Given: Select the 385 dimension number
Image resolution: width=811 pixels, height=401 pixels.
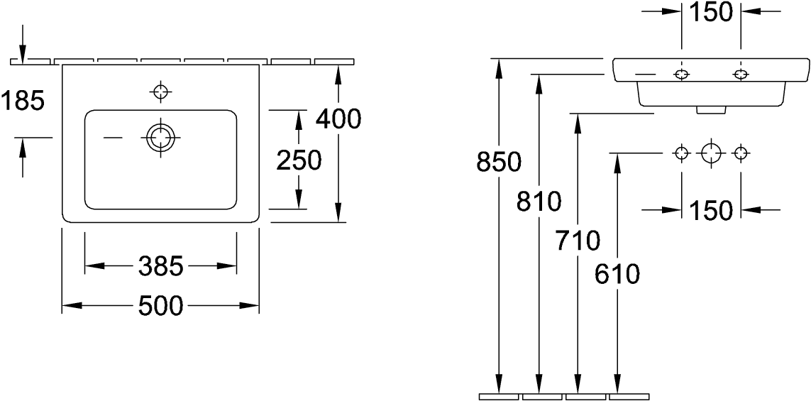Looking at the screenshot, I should pos(160,267).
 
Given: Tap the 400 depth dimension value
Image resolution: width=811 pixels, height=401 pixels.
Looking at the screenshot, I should pos(338,119).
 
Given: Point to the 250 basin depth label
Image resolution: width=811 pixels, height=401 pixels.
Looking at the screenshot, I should pos(299,161).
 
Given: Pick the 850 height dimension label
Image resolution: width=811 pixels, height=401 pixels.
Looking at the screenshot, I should pos(498,163).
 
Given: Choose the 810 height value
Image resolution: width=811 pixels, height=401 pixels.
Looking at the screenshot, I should pos(539,202).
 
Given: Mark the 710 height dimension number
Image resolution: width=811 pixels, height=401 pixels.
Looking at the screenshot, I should pos(577,241).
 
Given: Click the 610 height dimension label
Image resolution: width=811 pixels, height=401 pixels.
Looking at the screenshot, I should pos(617,273).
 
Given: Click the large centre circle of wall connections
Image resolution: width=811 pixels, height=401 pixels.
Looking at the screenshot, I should pos(711,153).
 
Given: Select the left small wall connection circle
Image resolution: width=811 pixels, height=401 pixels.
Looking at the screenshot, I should pos(681,153).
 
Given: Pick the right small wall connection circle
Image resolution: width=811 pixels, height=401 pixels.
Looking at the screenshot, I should pos(741,153).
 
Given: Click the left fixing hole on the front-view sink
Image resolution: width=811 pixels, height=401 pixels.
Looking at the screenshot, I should pos(681,75).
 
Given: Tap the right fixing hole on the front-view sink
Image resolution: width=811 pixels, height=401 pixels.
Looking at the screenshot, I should pos(741,75).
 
